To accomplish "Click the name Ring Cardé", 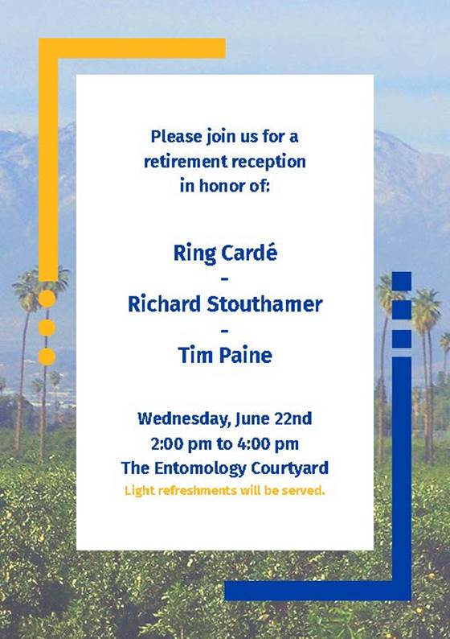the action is (x=225, y=254).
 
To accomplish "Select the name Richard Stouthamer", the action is (x=225, y=304).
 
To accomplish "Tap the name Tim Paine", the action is (x=225, y=355).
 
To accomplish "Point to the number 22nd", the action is (x=293, y=418).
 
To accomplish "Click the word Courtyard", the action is (x=289, y=468).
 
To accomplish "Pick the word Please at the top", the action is (x=177, y=137).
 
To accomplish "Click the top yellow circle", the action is (x=47, y=299).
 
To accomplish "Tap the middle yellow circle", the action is (x=47, y=328).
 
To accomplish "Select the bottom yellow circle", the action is (x=47, y=357).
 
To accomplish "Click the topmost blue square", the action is (x=402, y=281).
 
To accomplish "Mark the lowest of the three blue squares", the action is (x=402, y=339).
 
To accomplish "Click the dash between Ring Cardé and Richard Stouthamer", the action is (x=225, y=279).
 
